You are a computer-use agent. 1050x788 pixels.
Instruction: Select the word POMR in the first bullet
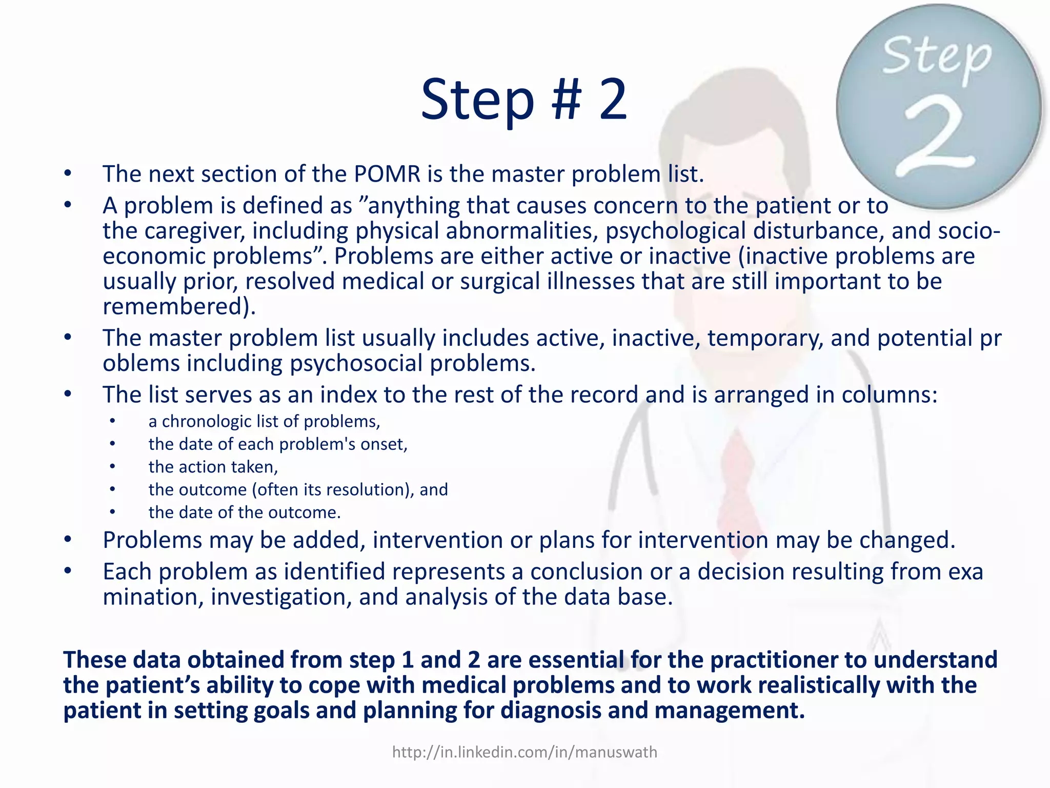[387, 174]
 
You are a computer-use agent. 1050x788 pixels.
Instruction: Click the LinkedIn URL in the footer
[524, 752]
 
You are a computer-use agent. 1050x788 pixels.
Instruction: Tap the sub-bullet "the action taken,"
[213, 467]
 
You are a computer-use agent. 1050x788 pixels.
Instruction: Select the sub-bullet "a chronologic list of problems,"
[264, 421]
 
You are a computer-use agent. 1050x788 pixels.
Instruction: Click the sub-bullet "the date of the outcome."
[245, 512]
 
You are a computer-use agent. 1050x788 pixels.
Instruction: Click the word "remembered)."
[179, 307]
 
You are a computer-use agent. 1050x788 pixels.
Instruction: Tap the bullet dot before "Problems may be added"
[68, 540]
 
